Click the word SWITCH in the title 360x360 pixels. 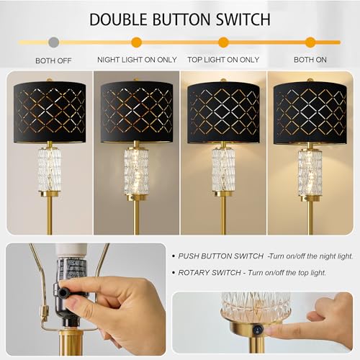click(240, 19)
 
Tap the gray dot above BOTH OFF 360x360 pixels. click(53, 42)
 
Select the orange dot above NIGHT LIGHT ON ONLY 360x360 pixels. click(136, 42)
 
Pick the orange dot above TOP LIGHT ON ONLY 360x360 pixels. click(223, 42)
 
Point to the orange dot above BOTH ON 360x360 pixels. click(310, 42)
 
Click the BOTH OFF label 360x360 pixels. click(54, 60)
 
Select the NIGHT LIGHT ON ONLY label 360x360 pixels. click(136, 60)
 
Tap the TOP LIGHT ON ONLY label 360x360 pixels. click(223, 60)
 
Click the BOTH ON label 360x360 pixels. click(310, 60)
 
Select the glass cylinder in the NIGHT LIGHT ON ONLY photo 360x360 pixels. click(136, 170)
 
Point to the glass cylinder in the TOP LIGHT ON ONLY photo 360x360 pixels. click(223, 170)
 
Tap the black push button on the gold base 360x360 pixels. click(257, 329)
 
